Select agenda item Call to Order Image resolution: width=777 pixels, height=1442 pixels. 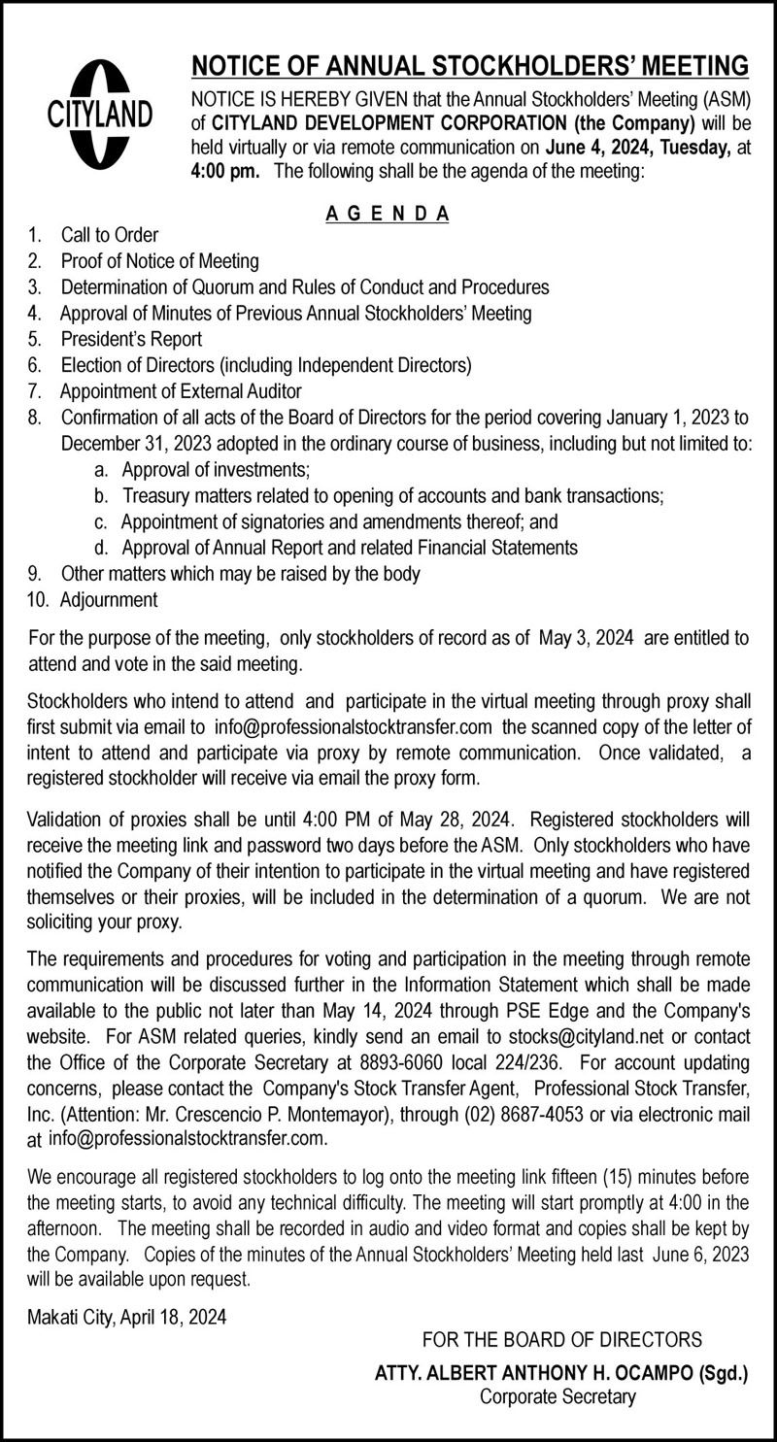[x=109, y=235]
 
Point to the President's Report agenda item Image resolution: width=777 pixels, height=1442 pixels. [x=131, y=340]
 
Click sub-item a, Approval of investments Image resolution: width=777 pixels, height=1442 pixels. [x=216, y=470]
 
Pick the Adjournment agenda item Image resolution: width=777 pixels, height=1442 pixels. [x=108, y=600]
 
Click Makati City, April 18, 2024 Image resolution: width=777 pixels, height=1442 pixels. [x=127, y=1318]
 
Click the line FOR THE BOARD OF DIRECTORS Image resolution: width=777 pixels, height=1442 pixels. [x=562, y=1341]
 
